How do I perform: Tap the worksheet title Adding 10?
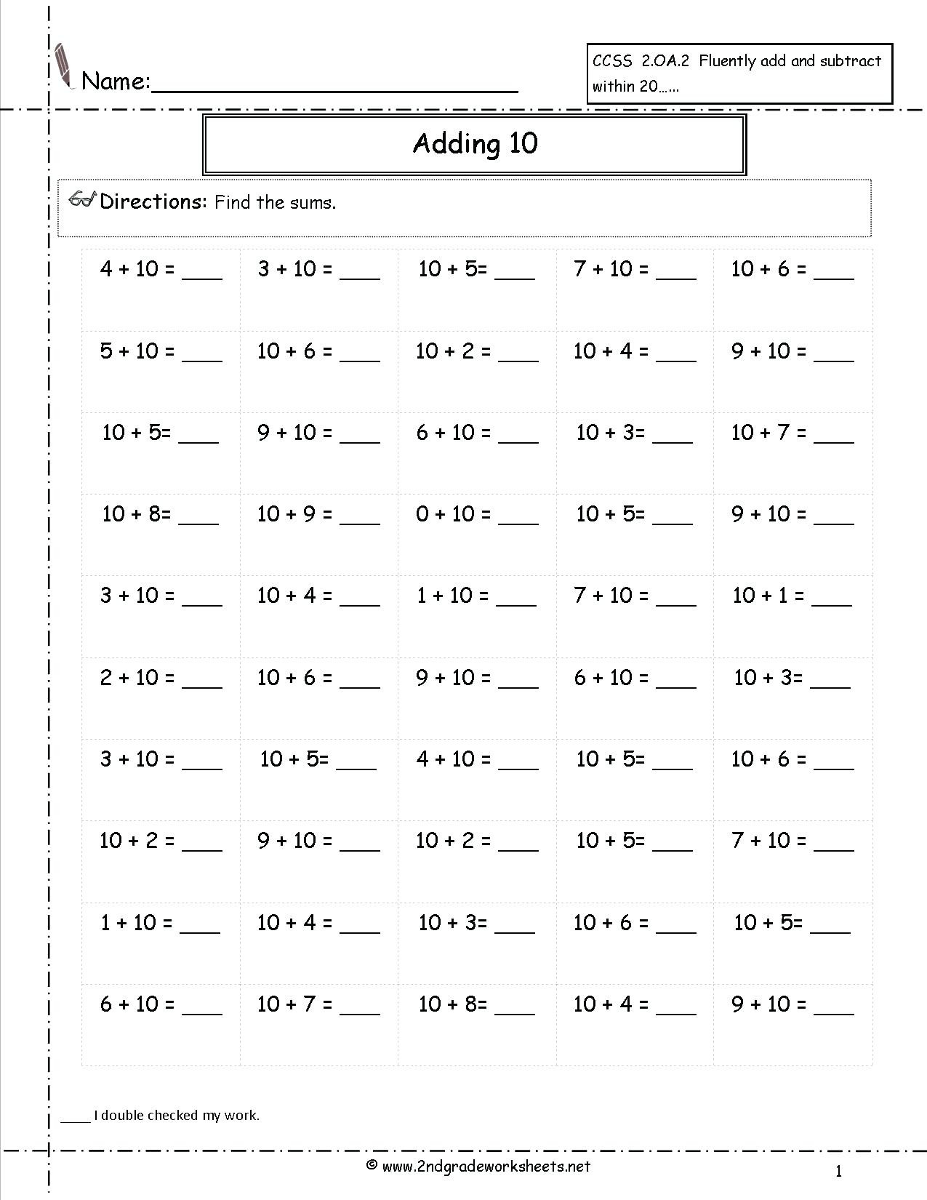475,143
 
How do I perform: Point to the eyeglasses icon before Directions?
82,200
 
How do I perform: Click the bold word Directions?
153,201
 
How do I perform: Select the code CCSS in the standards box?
612,61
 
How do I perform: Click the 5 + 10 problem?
137,351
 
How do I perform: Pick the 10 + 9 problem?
294,514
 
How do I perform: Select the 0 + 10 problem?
452,514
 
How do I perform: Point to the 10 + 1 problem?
769,596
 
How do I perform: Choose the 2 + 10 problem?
137,678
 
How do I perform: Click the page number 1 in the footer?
838,1171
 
